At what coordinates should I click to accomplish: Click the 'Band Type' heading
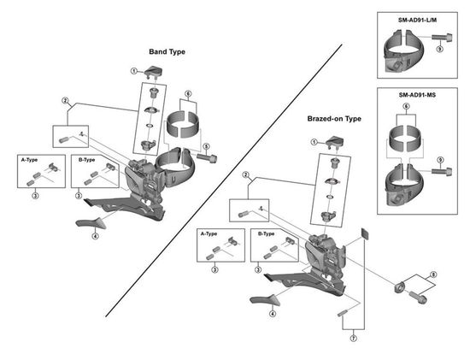point(167,51)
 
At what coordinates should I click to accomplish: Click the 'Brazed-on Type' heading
point(334,119)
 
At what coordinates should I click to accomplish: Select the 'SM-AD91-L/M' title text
point(417,21)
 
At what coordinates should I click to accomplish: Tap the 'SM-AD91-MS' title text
point(417,95)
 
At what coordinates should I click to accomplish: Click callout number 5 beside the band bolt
point(206,146)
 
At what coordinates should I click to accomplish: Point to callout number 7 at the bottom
point(354,339)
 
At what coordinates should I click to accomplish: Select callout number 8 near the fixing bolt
point(433,274)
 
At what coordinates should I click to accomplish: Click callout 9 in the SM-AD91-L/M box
point(439,48)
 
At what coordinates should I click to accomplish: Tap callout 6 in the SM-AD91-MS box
point(406,107)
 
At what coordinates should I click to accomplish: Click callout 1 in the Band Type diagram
point(133,71)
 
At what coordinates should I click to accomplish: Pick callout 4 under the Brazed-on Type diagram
point(273,314)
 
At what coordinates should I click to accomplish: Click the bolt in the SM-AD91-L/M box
point(442,38)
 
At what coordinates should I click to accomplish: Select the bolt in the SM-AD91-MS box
point(442,172)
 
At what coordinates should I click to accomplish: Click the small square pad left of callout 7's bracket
point(365,233)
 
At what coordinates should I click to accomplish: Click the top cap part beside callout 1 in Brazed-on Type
point(335,142)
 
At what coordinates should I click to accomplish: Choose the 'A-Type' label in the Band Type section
point(29,160)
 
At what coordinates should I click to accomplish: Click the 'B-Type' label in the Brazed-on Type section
point(266,233)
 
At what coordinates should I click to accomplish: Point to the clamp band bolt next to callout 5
point(207,157)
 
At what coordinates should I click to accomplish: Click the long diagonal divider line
point(224,180)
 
